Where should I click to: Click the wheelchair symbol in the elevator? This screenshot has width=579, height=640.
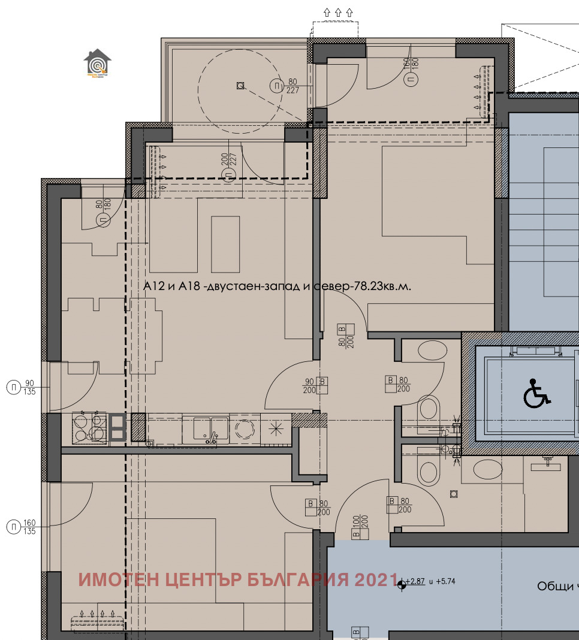click(536, 394)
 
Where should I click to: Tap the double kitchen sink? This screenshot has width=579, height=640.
click(205, 430)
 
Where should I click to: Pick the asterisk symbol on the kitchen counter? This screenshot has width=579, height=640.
click(276, 428)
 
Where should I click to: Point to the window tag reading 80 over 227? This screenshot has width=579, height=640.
click(285, 86)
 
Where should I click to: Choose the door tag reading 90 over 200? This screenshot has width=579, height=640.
click(316, 385)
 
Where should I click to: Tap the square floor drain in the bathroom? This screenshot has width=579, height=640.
click(454, 493)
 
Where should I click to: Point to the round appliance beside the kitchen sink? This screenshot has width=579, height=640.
click(246, 429)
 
